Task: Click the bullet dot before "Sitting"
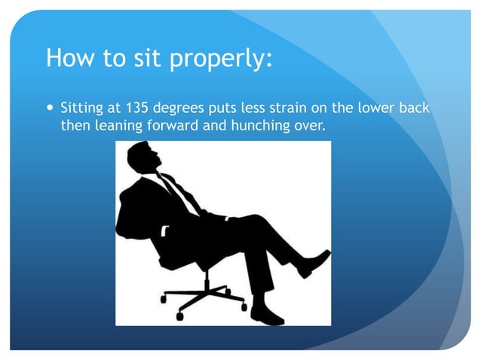click(50, 108)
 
